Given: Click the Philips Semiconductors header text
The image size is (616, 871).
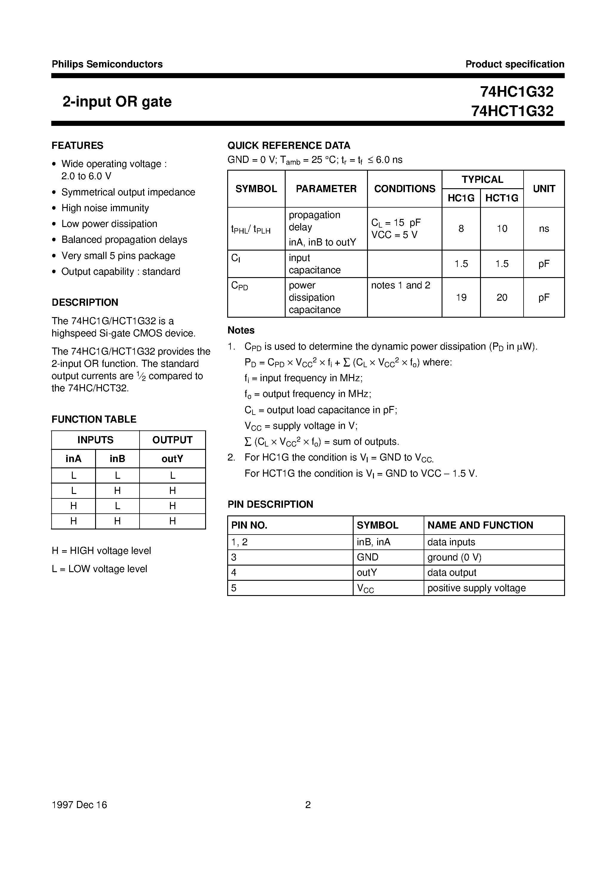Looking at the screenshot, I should [107, 64].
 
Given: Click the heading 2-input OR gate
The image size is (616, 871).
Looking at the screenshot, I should [117, 102].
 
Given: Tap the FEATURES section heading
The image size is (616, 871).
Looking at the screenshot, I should [78, 146].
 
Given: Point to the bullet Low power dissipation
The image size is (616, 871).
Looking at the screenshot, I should [109, 224].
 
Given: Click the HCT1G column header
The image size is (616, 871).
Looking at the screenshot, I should [502, 198].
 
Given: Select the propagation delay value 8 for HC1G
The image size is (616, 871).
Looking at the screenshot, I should [461, 229].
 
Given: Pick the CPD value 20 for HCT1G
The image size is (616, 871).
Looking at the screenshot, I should [502, 297].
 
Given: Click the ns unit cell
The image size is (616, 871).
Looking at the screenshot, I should [544, 229].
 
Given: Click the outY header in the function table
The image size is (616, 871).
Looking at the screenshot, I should [172, 459].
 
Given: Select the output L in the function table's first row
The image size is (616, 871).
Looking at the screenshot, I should [172, 475].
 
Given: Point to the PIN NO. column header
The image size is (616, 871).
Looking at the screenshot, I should [249, 525].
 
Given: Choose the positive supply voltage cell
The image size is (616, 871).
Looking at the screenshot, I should [476, 588].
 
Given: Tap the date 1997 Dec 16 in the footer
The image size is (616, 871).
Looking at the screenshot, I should [79, 804].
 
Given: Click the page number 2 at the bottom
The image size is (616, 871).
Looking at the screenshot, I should [308, 804].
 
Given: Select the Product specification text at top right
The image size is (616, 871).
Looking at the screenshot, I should [515, 64].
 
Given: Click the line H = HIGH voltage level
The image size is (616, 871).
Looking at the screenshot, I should [101, 551].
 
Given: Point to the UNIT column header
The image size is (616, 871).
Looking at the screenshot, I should [544, 189].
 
